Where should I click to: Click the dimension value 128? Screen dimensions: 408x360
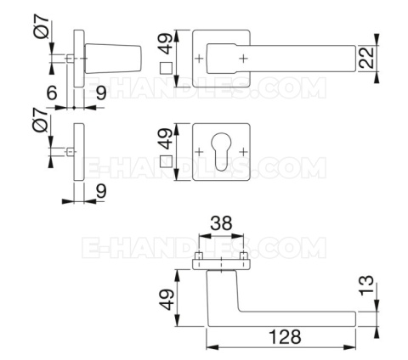click(285, 337)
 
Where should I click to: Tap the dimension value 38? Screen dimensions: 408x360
click(221, 223)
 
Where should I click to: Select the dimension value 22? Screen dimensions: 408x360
click(366, 59)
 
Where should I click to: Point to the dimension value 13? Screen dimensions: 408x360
click(366, 286)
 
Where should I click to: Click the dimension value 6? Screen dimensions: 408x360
click(52, 93)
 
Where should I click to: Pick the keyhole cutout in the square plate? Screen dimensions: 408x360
click(221, 152)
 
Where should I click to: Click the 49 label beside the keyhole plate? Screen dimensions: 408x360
click(165, 138)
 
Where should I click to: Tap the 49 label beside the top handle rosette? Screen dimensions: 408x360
click(165, 44)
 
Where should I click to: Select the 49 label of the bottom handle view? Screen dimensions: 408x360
click(167, 300)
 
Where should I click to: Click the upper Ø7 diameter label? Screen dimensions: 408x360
click(42, 26)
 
